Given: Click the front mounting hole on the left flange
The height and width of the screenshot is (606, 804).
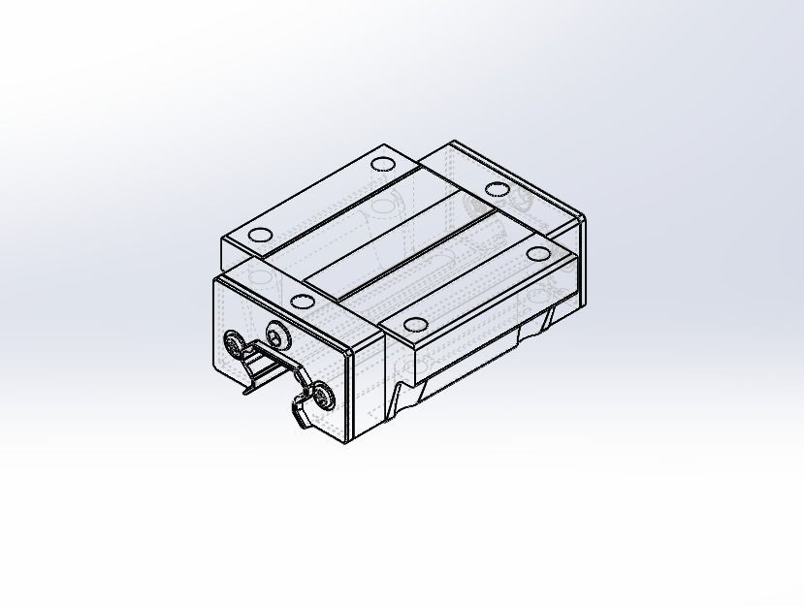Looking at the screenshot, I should click(x=260, y=235).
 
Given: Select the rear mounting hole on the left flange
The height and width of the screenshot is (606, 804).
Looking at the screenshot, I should click(x=382, y=164).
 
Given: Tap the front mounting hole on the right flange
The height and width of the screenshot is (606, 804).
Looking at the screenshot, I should click(x=415, y=324).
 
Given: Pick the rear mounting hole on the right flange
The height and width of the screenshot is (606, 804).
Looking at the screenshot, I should click(x=536, y=255).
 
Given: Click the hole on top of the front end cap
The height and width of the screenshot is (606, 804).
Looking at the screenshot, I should click(x=303, y=301).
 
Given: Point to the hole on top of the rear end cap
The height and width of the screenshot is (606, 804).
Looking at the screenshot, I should click(x=497, y=189).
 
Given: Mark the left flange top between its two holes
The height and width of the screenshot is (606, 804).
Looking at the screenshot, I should click(x=320, y=199).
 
